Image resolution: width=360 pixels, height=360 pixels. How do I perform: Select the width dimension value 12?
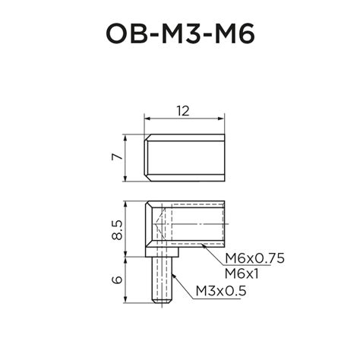coord(182,110)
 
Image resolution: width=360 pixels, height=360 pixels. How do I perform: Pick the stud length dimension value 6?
coord(115,279)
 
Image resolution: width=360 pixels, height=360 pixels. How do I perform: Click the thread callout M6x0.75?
coord(254,259)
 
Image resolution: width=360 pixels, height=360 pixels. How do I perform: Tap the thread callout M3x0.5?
coord(221,290)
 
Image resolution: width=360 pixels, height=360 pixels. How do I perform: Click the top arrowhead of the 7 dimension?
coord(126,135)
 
